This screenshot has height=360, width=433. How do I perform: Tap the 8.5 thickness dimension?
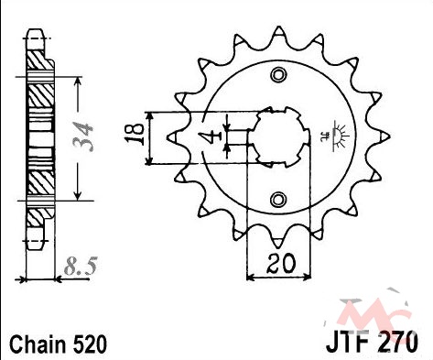coord(81,266)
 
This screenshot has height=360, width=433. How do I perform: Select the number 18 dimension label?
coord(135,134)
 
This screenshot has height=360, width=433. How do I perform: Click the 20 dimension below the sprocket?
coord(281,263)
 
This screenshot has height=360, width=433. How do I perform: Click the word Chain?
coord(38,344)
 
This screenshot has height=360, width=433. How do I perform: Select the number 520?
coord(90,344)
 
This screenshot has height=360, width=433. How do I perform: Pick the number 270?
coord(398,342)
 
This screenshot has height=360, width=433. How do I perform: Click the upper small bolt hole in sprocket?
coord(278,75)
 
